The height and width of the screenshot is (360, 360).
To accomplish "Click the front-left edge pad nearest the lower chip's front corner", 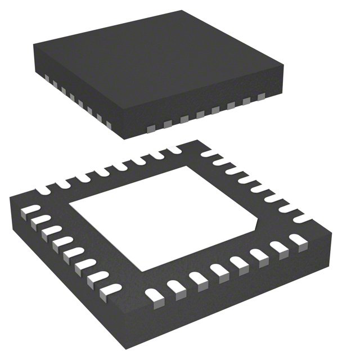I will (107, 291).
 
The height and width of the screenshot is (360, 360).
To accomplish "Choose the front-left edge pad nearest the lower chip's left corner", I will (26, 211).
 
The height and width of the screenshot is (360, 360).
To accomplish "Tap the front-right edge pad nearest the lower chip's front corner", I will (154, 292).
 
